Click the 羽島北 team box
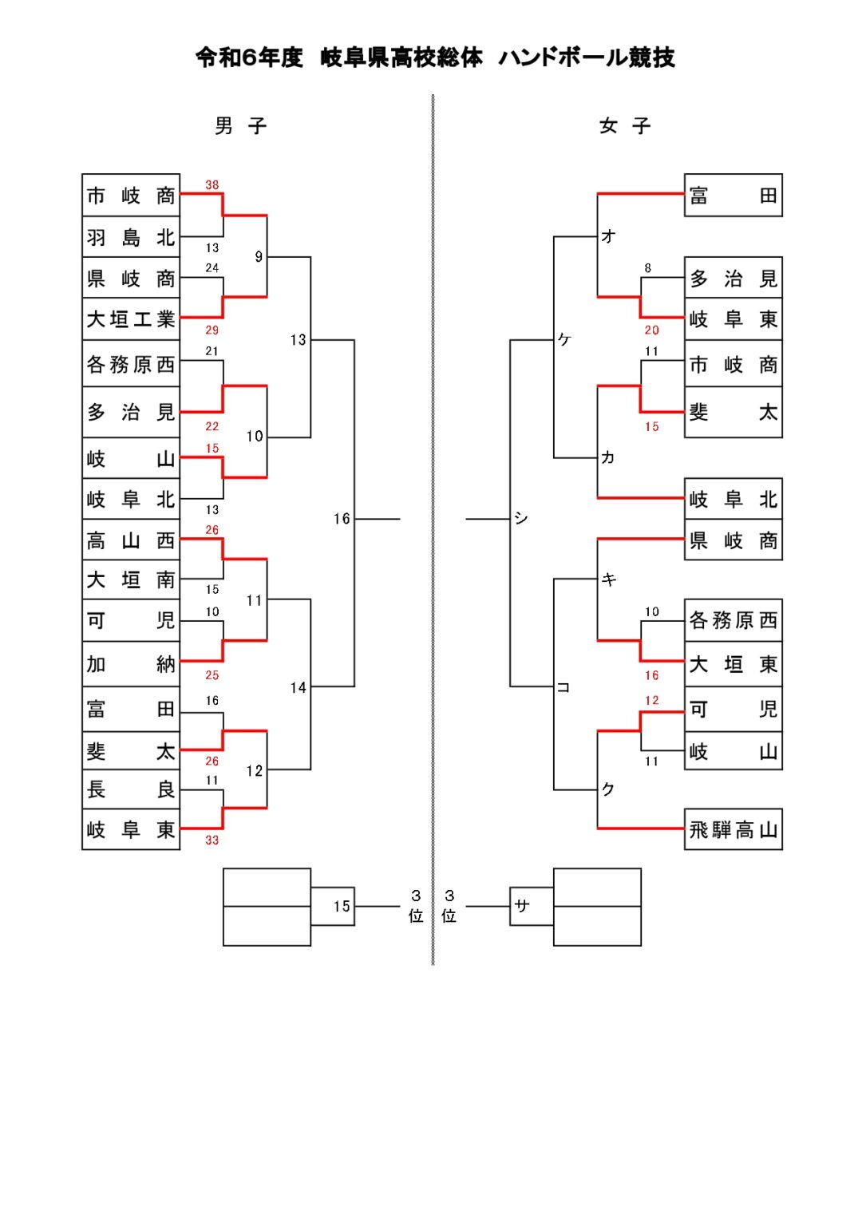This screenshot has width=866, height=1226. click(x=131, y=237)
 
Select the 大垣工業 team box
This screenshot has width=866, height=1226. click(x=131, y=319)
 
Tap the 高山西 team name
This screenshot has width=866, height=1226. click(x=131, y=540)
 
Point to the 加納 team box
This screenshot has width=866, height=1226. click(x=131, y=664)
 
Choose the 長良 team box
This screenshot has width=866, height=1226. click(x=131, y=789)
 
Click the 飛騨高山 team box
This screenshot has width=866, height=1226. click(x=733, y=830)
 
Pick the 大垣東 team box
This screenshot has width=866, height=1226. click(x=733, y=664)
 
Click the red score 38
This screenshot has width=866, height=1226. click(x=212, y=185)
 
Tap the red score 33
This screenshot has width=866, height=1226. click(x=212, y=840)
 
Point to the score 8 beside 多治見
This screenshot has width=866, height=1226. click(x=647, y=268)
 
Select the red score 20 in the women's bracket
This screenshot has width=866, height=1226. click(x=652, y=330)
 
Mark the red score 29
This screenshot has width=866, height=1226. click(x=212, y=330)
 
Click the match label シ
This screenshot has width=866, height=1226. click(x=521, y=518)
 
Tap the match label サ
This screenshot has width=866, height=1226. click(x=522, y=905)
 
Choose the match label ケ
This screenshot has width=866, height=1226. click(x=564, y=339)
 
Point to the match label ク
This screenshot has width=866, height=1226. click(x=608, y=789)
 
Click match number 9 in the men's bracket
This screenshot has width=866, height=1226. click(x=259, y=256)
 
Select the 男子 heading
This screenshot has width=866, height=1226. click(x=240, y=126)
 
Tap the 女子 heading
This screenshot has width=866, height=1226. click(x=624, y=126)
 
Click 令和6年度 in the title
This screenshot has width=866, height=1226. click(x=249, y=57)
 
